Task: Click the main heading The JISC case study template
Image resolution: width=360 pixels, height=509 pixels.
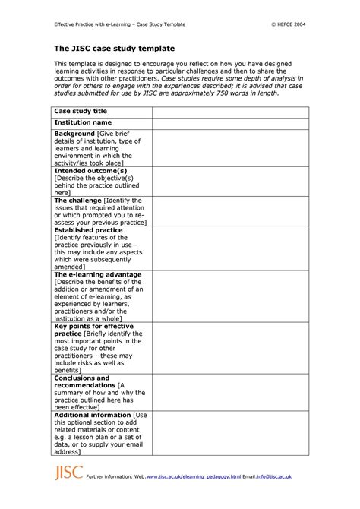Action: (114, 49)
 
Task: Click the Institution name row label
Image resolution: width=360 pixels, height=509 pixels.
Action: (82, 122)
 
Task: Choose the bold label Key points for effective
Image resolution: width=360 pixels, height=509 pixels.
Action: (97, 326)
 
